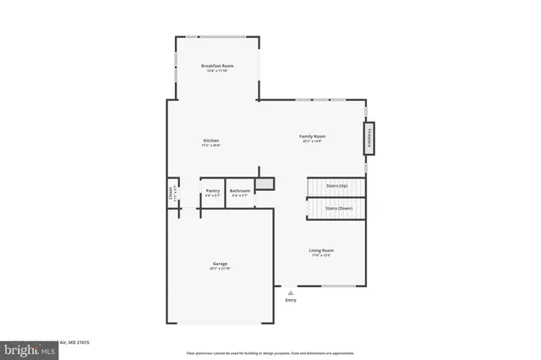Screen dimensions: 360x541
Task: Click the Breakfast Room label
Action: click(217, 65)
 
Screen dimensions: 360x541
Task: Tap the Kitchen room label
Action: click(210, 139)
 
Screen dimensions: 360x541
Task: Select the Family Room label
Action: click(312, 136)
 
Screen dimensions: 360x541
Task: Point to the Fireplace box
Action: click(369, 139)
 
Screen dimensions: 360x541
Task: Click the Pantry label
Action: click(213, 191)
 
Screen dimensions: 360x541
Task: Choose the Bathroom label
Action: click(239, 191)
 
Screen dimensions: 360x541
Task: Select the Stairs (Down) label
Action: click(338, 208)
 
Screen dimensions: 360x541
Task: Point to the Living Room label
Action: click(320, 250)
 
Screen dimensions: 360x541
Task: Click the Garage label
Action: click(219, 264)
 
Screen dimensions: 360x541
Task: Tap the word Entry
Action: click(291, 300)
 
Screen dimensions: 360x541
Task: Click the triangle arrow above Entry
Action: click(291, 292)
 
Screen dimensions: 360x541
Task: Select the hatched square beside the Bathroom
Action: click(265, 182)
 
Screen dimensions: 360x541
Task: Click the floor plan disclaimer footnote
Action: click(270, 352)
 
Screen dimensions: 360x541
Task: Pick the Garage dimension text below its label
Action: click(219, 269)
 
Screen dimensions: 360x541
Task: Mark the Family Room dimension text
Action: click(312, 141)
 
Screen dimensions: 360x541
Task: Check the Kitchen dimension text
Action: click(210, 145)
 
